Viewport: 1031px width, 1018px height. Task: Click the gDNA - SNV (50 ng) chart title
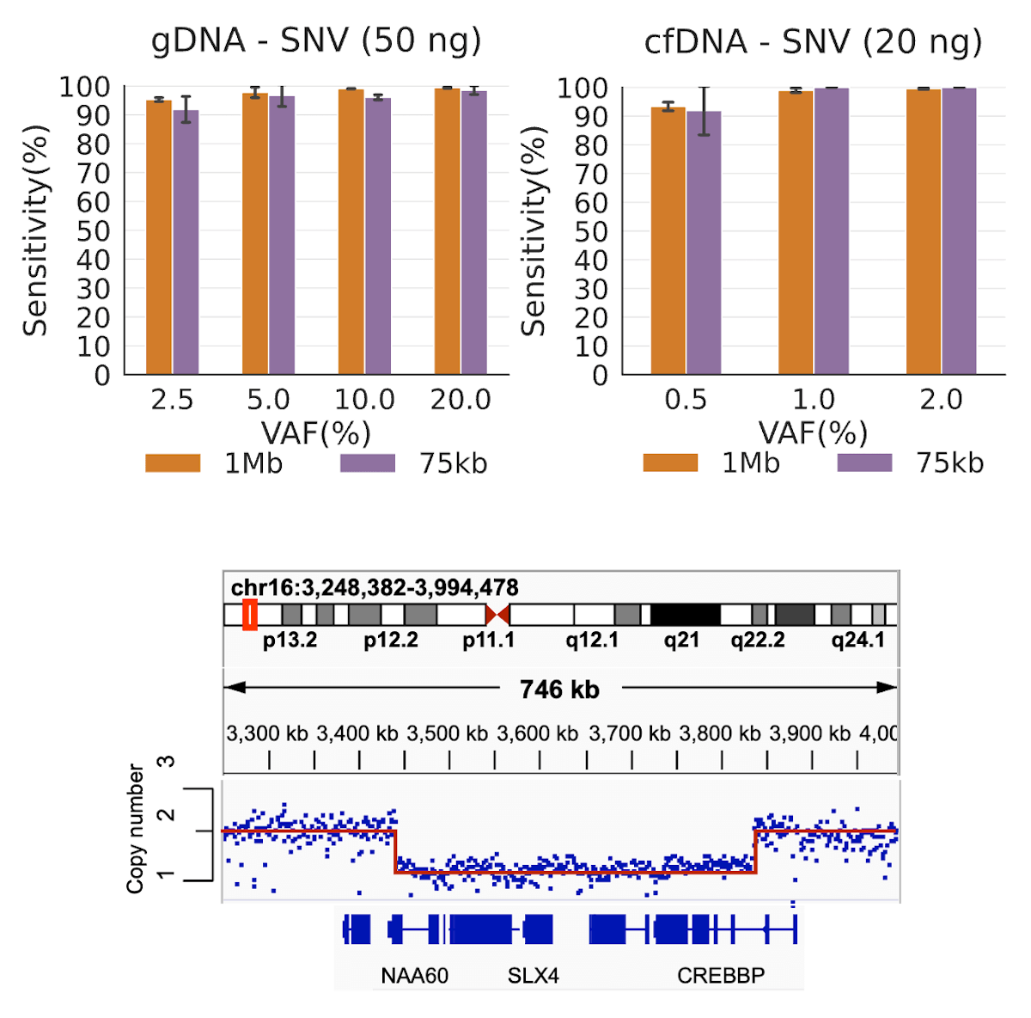point(316,41)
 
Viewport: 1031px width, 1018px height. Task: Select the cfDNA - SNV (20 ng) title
point(813,42)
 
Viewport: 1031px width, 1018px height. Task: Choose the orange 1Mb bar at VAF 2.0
point(924,231)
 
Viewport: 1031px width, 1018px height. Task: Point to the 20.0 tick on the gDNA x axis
point(461,400)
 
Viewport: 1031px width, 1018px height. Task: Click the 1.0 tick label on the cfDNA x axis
point(813,400)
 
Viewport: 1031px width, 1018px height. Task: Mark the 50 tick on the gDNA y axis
point(94,231)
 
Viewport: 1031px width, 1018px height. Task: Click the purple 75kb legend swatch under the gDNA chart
point(367,463)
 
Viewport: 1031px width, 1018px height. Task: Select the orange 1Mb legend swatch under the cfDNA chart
point(670,463)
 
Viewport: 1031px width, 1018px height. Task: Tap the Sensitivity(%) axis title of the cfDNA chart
point(534,230)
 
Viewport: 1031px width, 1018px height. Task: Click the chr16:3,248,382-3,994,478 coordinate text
point(375,588)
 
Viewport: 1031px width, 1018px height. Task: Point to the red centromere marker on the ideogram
point(497,614)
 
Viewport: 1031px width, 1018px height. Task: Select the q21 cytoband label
point(681,641)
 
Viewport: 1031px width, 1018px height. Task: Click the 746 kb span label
point(559,690)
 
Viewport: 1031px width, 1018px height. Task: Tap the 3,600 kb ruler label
point(538,734)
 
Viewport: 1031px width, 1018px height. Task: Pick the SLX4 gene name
point(533,976)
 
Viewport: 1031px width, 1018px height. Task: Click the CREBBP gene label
point(721,976)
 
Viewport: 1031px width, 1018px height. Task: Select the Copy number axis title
point(136,829)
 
